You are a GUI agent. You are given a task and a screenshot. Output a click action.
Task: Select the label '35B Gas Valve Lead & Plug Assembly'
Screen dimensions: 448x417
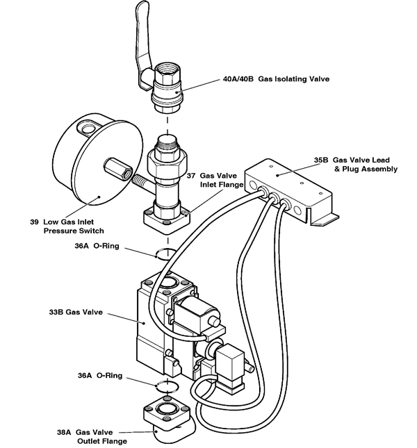click(355, 164)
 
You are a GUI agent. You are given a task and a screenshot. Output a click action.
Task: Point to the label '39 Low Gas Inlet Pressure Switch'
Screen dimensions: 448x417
click(67, 226)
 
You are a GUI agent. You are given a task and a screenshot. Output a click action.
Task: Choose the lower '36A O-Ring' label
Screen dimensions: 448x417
click(100, 375)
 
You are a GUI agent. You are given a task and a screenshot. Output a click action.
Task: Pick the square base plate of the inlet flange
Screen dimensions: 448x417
click(167, 219)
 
